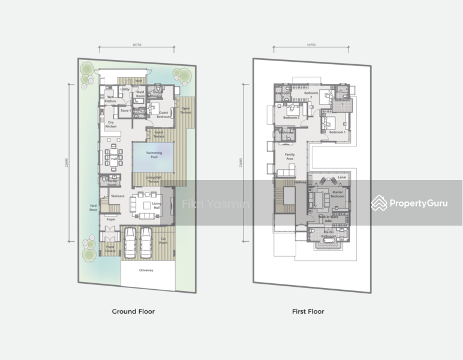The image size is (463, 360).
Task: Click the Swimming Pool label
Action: coord(154,154)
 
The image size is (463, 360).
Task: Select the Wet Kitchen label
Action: coord(110,98)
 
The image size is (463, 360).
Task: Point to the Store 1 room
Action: coord(125,110)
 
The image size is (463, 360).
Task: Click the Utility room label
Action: coord(125,89)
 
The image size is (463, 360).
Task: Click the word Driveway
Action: coord(146,271)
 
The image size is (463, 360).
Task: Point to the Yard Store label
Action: coord(93,208)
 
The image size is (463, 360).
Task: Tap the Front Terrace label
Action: coord(110,247)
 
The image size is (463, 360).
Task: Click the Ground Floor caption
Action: coord(133,311)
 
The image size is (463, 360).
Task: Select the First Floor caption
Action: coord(308,311)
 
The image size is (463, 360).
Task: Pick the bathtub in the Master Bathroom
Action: coord(328,244)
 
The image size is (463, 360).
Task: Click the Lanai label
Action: coord(342,178)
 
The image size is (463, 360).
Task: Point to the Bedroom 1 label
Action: coord(337,132)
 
